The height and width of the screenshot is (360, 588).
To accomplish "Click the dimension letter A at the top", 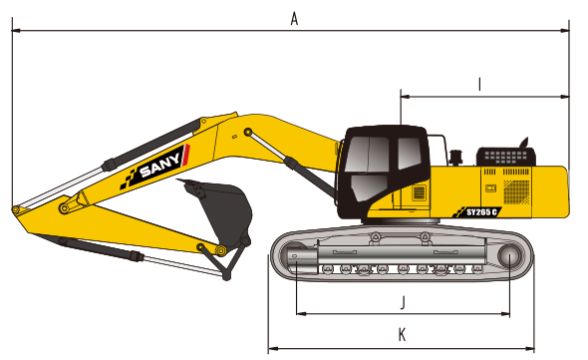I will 294,17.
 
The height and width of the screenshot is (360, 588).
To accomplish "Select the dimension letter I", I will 479,85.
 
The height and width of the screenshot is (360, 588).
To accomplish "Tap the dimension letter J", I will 401,300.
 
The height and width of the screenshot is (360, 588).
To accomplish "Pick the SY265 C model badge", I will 482,211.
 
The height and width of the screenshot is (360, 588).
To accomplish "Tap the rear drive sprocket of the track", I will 511,256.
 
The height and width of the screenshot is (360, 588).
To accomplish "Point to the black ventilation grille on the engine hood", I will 506,157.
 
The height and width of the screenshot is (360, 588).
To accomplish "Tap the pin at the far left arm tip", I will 16,209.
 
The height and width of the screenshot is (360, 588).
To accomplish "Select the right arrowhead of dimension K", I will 531,348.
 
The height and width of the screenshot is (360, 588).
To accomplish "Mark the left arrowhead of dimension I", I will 404,97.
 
